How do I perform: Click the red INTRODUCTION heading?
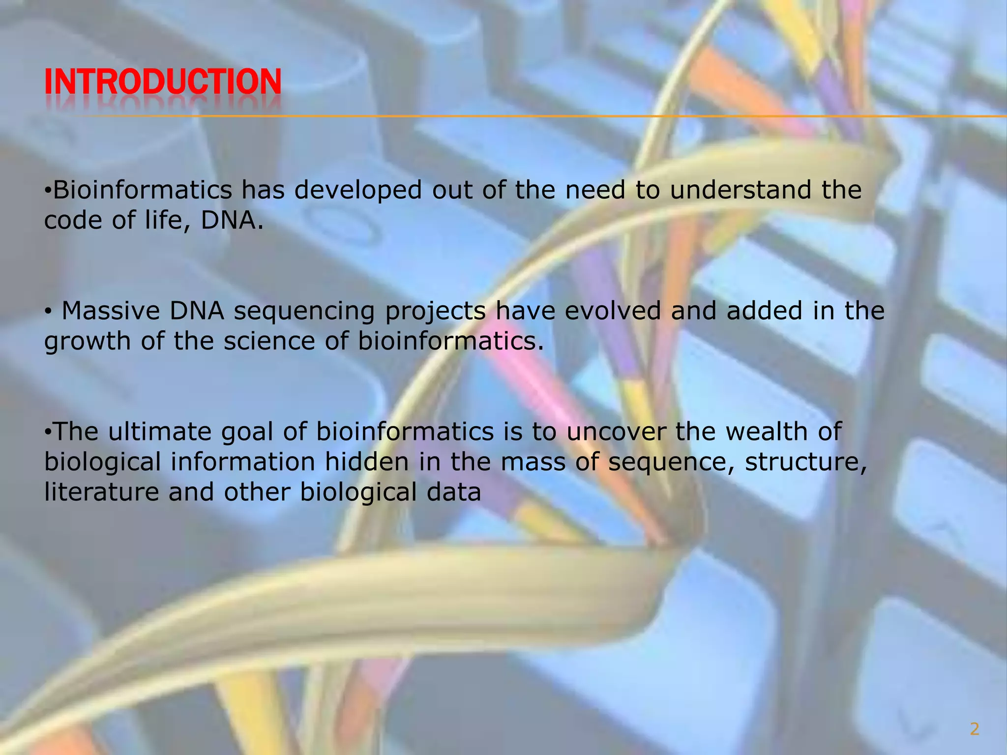click(x=162, y=82)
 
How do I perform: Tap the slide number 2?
click(x=974, y=729)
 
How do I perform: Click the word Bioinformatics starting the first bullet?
click(x=142, y=190)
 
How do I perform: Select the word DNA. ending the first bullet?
click(x=232, y=221)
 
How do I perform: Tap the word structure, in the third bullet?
click(x=805, y=462)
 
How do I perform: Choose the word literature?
click(x=101, y=493)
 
